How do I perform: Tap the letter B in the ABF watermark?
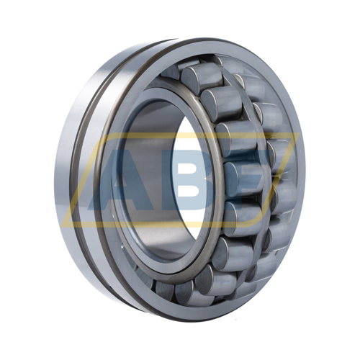click(189, 180)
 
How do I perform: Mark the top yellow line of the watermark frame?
click(187, 135)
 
